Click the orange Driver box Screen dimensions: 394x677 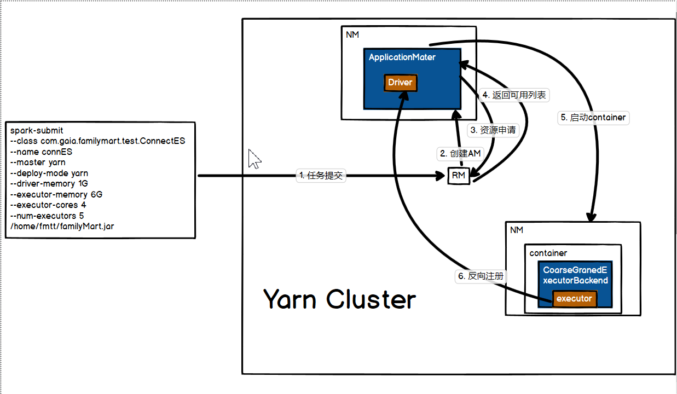400,83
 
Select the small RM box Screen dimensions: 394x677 459,176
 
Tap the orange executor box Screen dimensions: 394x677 574,299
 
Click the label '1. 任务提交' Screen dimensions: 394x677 321,175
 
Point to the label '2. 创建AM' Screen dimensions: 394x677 460,154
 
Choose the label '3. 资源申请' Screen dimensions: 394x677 493,130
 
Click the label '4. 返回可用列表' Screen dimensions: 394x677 513,95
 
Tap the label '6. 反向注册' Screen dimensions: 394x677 481,276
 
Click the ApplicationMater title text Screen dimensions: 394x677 402,57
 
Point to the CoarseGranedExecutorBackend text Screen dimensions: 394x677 575,275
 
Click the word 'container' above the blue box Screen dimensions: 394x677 548,253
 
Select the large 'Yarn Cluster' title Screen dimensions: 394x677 339,299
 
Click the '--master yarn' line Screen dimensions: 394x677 38,162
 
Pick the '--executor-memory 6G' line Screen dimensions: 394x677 56,194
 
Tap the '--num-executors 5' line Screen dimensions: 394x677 47,216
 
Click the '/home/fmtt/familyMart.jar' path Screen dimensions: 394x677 62,226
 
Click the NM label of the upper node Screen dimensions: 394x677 352,34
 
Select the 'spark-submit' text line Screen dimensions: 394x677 37,130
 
